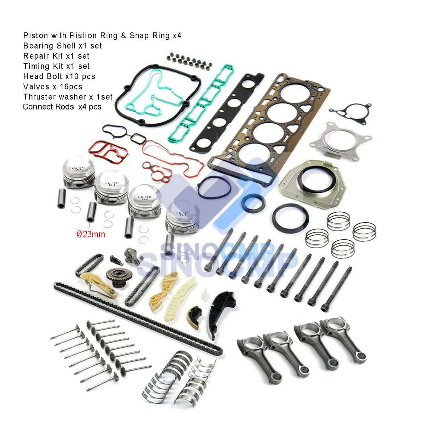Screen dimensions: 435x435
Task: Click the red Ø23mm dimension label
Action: click(91, 234)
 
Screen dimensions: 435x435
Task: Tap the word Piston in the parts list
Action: click(36, 36)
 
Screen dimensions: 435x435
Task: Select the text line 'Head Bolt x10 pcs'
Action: click(59, 76)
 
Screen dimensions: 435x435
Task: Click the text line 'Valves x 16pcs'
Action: click(53, 87)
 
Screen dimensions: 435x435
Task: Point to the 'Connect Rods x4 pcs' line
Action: click(62, 107)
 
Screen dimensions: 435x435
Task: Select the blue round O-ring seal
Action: click(214, 188)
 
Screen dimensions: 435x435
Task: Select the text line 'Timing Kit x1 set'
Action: click(57, 66)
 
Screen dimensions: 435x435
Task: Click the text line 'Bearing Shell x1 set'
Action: click(63, 46)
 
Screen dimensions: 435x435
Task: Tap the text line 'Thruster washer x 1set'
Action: click(68, 97)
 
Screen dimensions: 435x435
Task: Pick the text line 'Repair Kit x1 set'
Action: click(56, 56)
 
